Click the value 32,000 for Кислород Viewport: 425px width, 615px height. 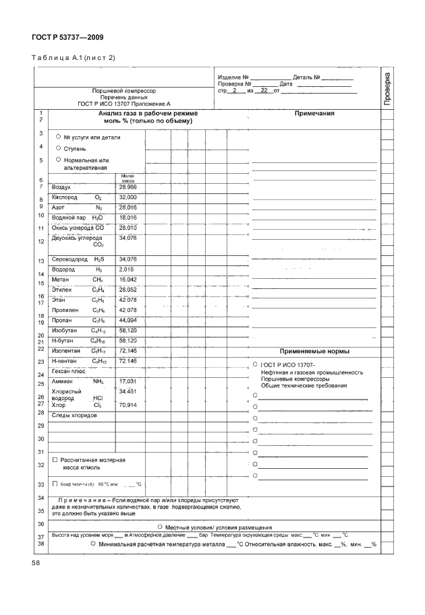[128, 197]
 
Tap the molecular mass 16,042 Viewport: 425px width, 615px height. [128, 278]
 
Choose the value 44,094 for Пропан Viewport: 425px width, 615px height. [128, 319]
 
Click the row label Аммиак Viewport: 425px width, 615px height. [63, 381]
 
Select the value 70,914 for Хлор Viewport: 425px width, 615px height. [128, 406]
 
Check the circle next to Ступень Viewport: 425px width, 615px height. [59, 148]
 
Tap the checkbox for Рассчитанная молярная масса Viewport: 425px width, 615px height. [55, 459]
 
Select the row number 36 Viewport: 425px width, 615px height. [40, 523]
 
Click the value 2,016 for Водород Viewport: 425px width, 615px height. [126, 268]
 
